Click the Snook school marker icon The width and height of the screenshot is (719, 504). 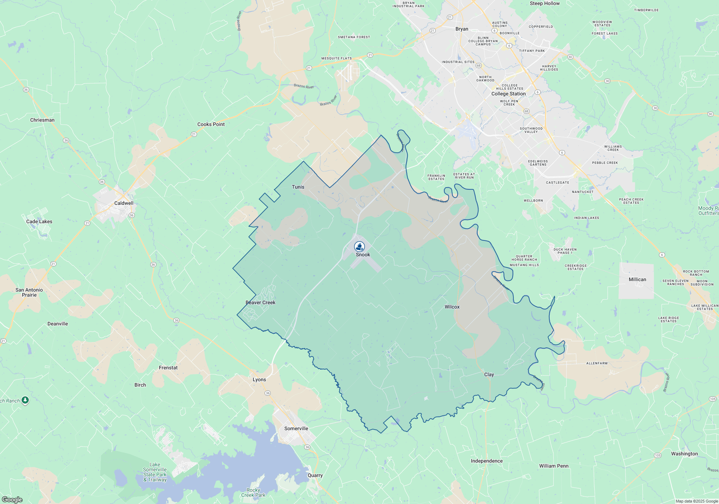(x=359, y=247)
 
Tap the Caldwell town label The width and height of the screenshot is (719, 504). (x=124, y=203)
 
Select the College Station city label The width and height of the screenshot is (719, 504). (x=508, y=94)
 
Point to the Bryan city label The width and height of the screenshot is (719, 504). (x=462, y=29)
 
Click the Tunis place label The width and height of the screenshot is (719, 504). (x=298, y=187)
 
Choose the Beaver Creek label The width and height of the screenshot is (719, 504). (x=260, y=303)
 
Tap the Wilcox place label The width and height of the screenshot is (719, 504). (x=452, y=307)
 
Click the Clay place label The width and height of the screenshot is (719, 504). (x=489, y=375)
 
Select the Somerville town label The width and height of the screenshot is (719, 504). (x=296, y=429)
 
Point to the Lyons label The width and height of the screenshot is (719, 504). (x=259, y=380)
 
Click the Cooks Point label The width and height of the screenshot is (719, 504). (x=211, y=125)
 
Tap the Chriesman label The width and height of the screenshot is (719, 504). (x=42, y=120)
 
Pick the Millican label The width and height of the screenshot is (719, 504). (x=637, y=280)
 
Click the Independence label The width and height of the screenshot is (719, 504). (x=487, y=461)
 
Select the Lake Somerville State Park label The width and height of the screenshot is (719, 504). (x=155, y=472)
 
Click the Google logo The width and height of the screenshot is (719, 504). (x=12, y=500)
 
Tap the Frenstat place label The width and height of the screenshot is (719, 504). (x=168, y=368)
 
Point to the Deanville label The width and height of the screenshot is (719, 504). (x=58, y=324)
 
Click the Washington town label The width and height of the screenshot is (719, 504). (x=684, y=454)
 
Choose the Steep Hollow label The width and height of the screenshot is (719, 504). (x=545, y=4)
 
